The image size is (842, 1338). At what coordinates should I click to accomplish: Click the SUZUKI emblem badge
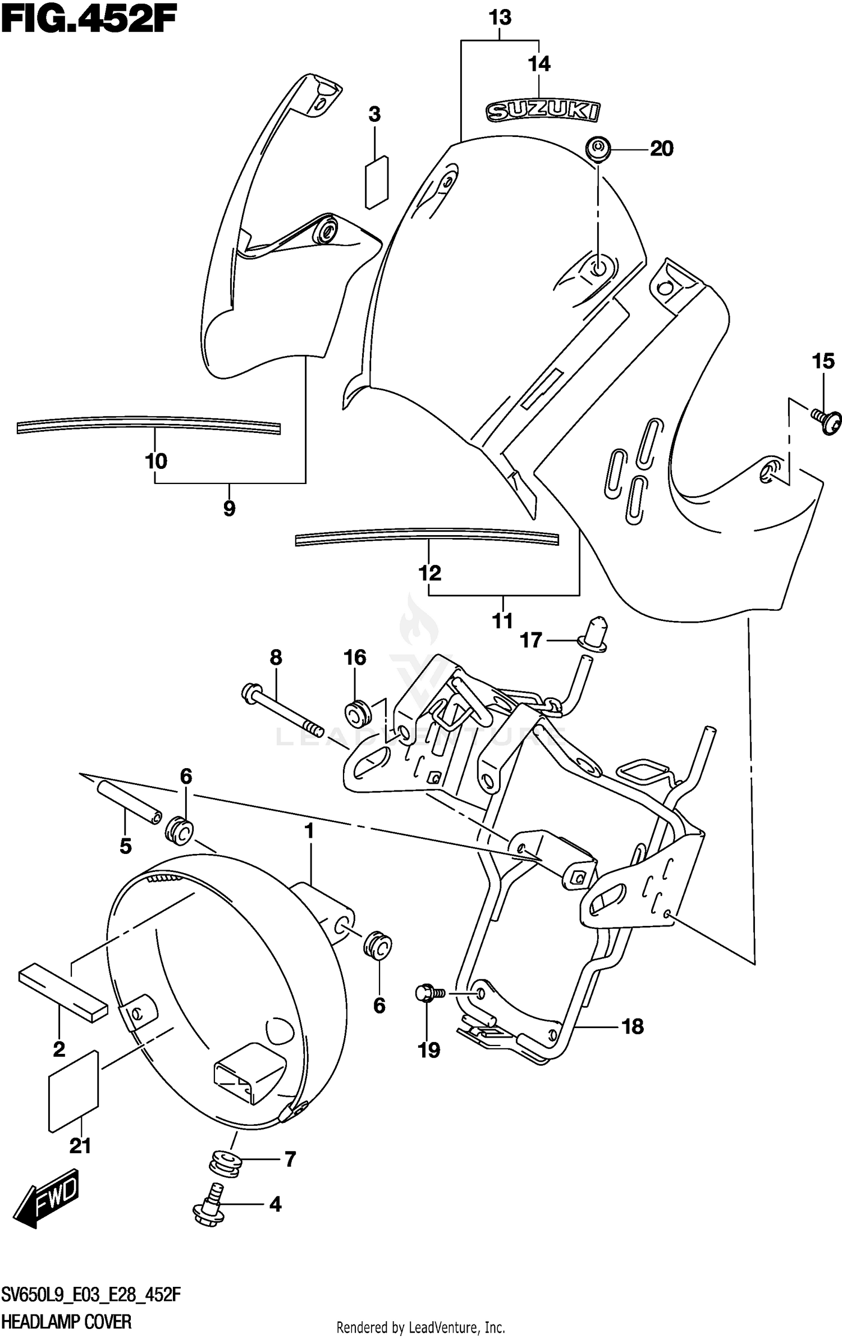(542, 111)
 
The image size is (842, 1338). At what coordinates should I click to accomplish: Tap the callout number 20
(661, 149)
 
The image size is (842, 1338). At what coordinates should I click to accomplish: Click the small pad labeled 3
(377, 182)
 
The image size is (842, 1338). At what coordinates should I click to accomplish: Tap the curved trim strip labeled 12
(427, 537)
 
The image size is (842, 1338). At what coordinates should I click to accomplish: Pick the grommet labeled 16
(358, 713)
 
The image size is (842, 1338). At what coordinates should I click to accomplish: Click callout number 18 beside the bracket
(633, 1027)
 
